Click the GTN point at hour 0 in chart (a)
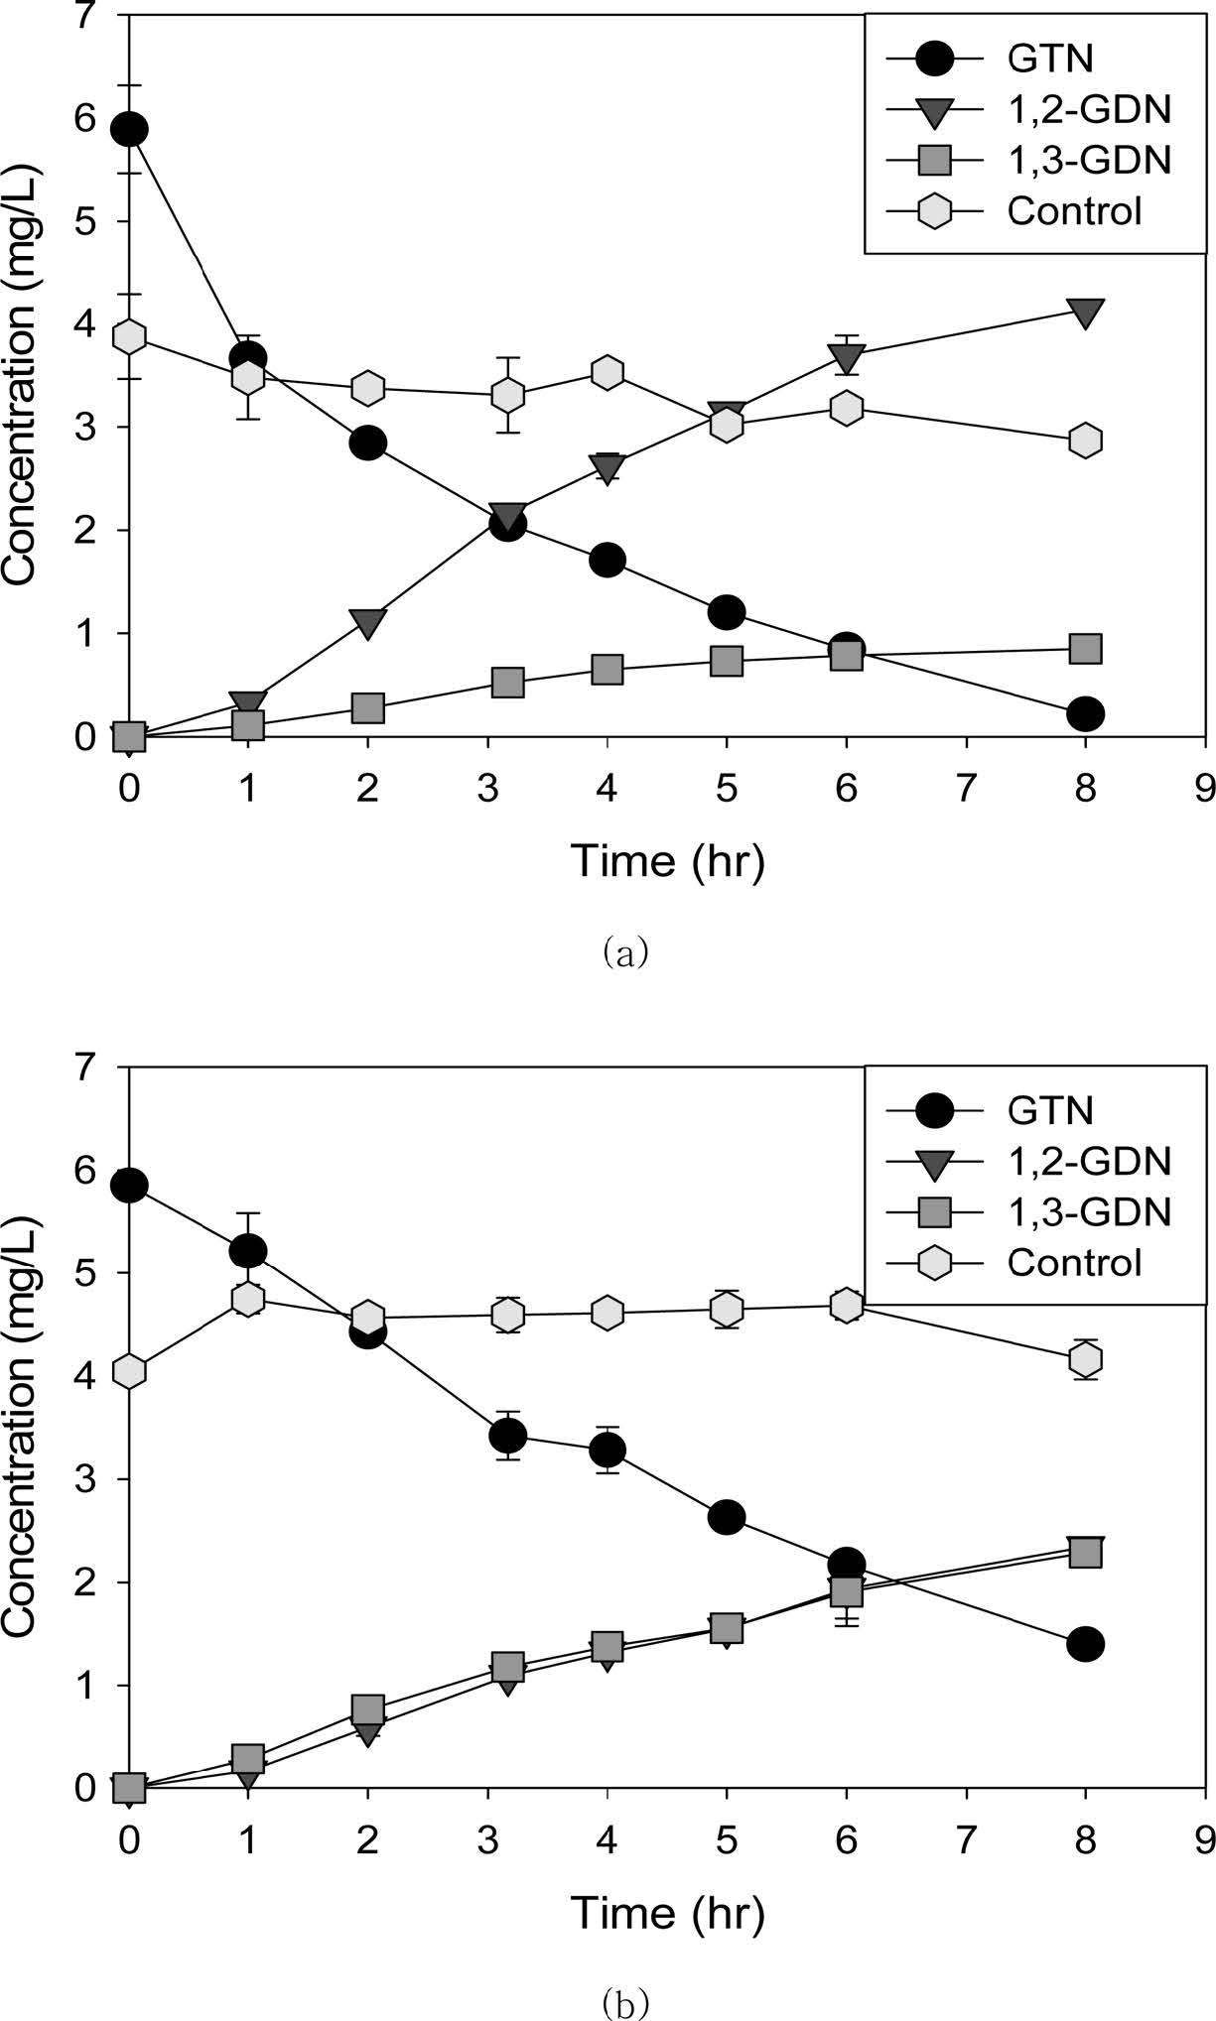click(x=129, y=129)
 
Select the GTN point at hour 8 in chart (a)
click(x=1085, y=713)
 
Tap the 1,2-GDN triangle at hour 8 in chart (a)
click(x=1085, y=314)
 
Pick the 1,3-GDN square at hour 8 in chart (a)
click(x=1085, y=649)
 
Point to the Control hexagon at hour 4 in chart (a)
click(x=607, y=372)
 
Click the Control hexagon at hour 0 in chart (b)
click(x=129, y=1371)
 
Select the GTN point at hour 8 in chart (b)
click(x=1085, y=1644)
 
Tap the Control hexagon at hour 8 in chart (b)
click(x=1085, y=1358)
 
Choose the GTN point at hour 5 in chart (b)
click(x=727, y=1517)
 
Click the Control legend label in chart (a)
click(x=1074, y=211)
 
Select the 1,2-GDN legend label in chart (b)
click(x=1089, y=1160)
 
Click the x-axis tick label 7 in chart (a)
click(x=966, y=789)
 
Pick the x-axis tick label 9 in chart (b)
click(x=1205, y=1840)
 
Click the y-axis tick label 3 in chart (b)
click(x=103, y=1478)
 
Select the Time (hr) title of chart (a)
click(x=667, y=860)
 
